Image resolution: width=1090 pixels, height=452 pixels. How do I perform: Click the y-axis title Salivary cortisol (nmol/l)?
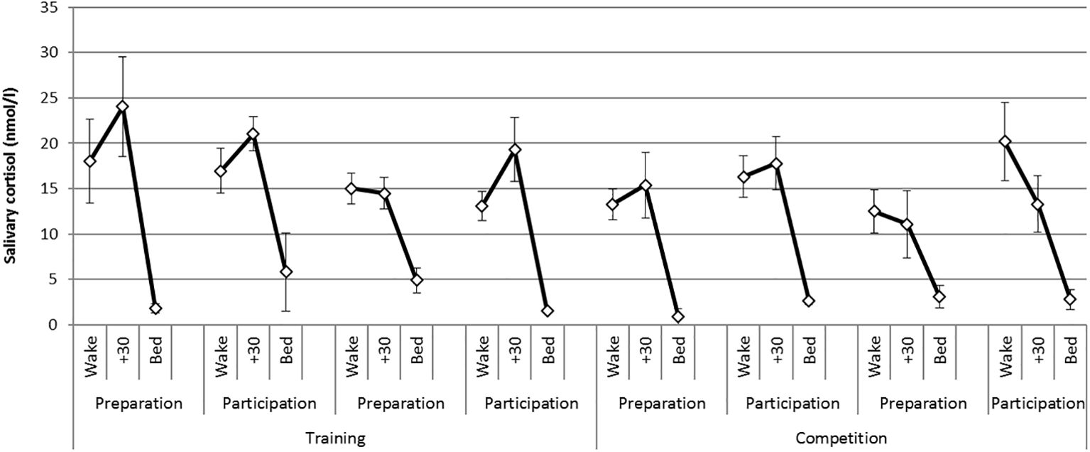click(11, 165)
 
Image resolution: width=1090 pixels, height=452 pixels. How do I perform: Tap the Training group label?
click(334, 438)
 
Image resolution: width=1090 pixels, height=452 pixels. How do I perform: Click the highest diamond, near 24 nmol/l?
click(123, 107)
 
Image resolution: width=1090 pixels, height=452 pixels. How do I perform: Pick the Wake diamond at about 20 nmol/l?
click(1005, 141)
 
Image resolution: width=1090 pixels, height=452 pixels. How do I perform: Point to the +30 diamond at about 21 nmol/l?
click(254, 134)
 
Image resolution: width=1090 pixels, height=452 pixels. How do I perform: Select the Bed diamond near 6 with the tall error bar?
click(286, 272)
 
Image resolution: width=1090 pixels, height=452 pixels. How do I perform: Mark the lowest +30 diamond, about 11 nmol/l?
click(907, 225)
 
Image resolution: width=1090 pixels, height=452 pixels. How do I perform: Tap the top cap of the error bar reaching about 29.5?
click(123, 57)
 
